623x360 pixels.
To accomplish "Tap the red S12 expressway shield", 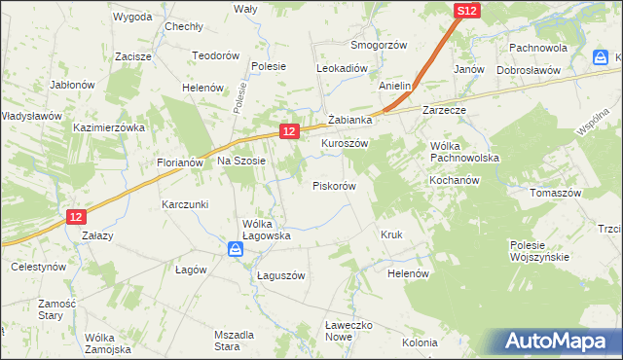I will pyautogui.click(x=467, y=11).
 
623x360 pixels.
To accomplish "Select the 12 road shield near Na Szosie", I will pyautogui.click(x=288, y=129).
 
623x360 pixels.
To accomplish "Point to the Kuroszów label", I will pyautogui.click(x=345, y=142).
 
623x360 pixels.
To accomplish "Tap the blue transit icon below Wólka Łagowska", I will pyautogui.click(x=237, y=250).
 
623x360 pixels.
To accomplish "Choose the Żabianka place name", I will pyautogui.click(x=351, y=120).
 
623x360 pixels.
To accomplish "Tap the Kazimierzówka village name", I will pyautogui.click(x=109, y=127).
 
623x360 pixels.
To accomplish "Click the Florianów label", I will pyautogui.click(x=179, y=162).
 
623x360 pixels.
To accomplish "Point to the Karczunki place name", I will pyautogui.click(x=186, y=205).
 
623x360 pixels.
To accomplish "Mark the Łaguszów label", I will pyautogui.click(x=281, y=275).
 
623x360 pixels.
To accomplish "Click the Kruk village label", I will pyautogui.click(x=391, y=235).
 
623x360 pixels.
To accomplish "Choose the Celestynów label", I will pyautogui.click(x=38, y=266).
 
